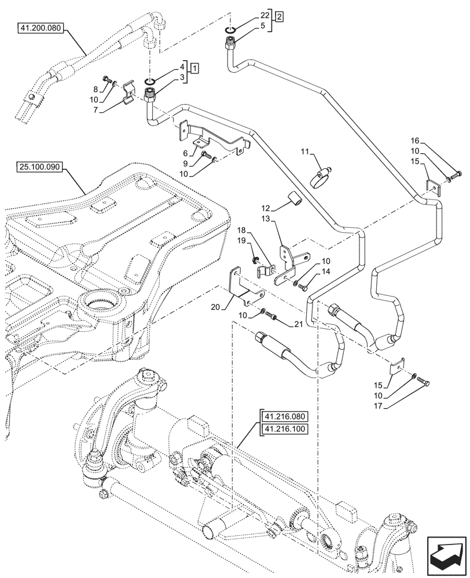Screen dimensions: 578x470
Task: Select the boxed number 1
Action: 196,68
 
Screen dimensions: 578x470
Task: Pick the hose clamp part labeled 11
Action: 323,176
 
